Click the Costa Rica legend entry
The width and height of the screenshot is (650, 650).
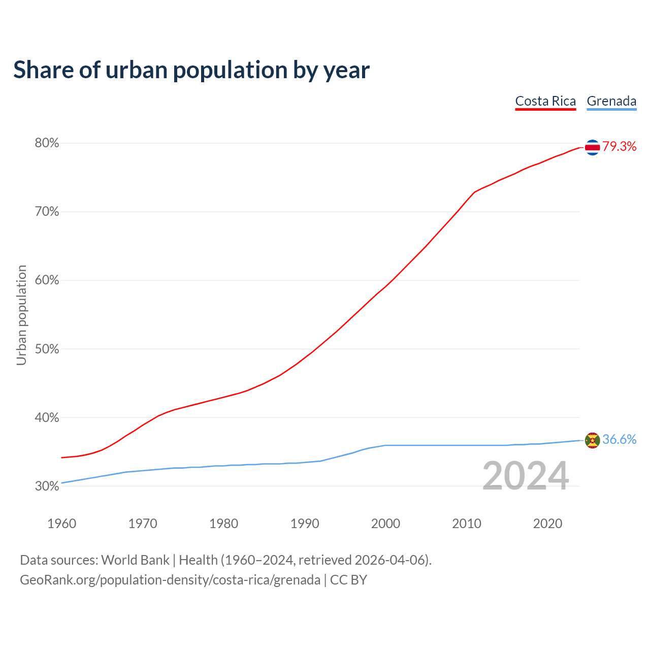(545, 101)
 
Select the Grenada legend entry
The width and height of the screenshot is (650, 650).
(611, 101)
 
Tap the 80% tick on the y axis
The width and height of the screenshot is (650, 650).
(47, 143)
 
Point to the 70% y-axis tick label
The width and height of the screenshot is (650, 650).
(47, 212)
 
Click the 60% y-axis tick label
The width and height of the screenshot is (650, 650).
(47, 280)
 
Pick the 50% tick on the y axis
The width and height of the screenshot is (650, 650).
(47, 349)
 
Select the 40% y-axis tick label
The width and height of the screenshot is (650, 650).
(47, 417)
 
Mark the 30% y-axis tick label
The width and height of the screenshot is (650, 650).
(47, 486)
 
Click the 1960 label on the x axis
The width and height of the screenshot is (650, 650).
(62, 524)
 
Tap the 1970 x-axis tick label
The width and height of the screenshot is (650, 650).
(143, 524)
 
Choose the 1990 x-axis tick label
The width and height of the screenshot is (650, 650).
(305, 524)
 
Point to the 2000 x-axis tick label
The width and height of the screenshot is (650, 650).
(385, 524)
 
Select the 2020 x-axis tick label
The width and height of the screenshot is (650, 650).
(547, 524)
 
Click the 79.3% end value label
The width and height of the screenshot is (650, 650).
(620, 147)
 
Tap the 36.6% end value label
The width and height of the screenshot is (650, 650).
(620, 440)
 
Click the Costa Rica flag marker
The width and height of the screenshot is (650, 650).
(592, 147)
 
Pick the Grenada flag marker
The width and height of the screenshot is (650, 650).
(592, 440)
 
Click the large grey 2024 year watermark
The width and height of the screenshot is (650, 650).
(526, 476)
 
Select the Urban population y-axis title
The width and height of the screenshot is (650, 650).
(21, 315)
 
